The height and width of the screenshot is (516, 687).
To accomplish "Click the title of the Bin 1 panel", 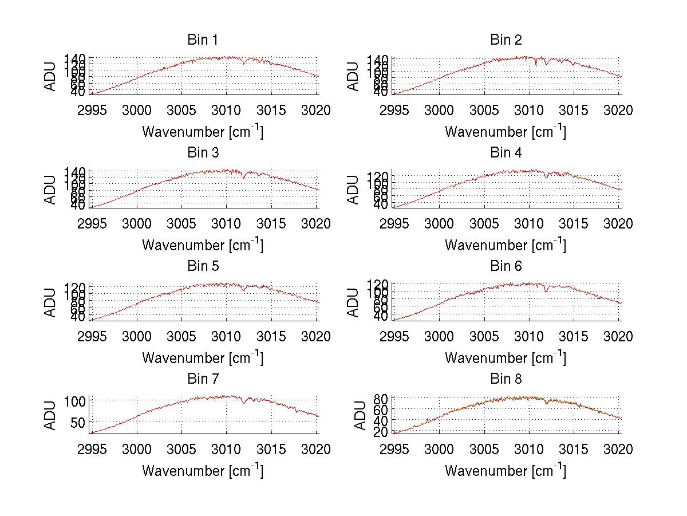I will click(x=203, y=40).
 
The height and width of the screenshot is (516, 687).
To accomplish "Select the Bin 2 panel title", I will click(x=506, y=40).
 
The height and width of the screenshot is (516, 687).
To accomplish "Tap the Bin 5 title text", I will click(x=203, y=266).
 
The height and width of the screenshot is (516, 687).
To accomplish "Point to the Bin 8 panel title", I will click(x=506, y=379).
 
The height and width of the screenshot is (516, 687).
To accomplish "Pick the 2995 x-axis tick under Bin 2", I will click(x=394, y=111).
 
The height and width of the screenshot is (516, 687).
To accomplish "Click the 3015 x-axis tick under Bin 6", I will click(x=574, y=337).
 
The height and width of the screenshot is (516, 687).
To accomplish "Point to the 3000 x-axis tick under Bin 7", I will click(x=137, y=450).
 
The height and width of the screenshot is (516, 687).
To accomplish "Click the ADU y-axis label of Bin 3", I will click(x=50, y=189).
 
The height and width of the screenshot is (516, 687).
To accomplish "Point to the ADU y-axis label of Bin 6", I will click(x=353, y=302).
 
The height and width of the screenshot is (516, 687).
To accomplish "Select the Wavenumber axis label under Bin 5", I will click(x=203, y=358).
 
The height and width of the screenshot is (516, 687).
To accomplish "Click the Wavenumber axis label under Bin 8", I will click(x=506, y=471).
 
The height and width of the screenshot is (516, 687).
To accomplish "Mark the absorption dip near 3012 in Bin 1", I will click(x=244, y=62).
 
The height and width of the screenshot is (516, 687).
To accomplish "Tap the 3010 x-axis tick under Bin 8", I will click(x=529, y=450).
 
